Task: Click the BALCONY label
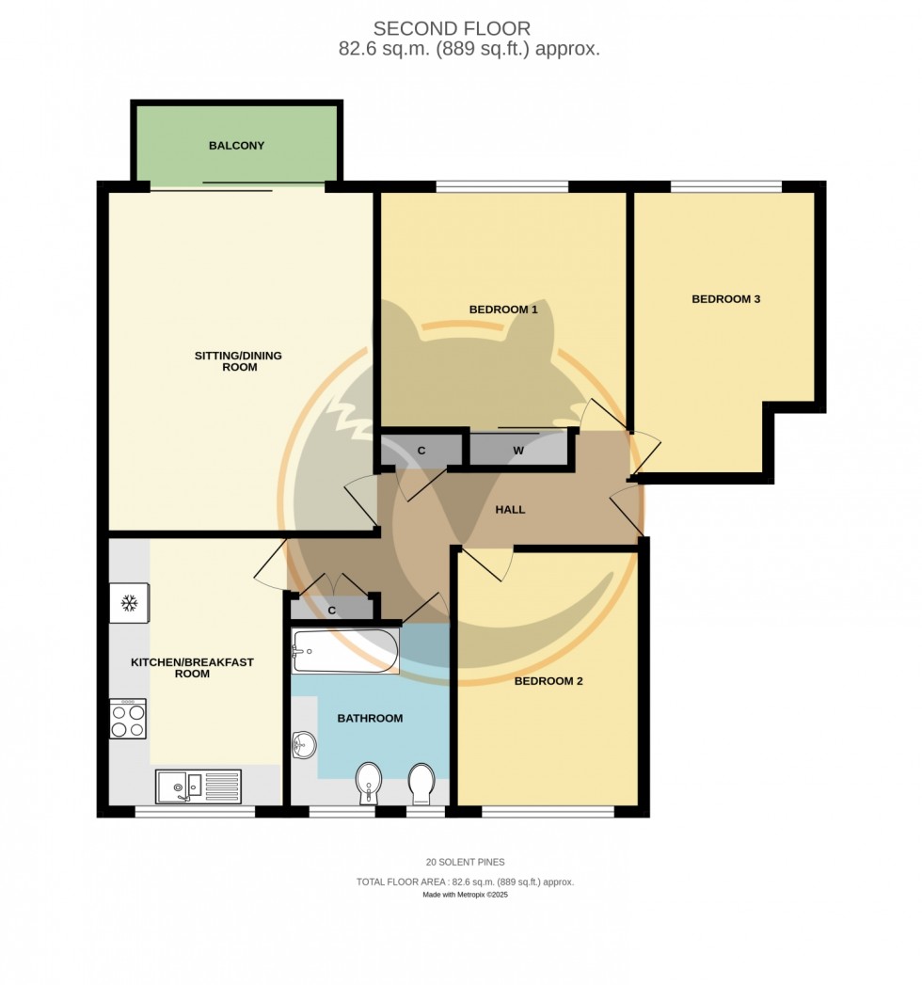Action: [x=236, y=146]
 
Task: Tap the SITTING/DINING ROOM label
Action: [x=238, y=361]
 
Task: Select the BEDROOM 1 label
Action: [x=503, y=309]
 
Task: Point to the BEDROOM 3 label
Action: [x=725, y=299]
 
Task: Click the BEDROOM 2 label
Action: [x=548, y=680]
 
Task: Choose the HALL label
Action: [x=510, y=510]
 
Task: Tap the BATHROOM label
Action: [x=370, y=718]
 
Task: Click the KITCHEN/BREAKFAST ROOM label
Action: [x=192, y=668]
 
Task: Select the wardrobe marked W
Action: [x=518, y=451]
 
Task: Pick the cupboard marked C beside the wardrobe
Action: [x=421, y=451]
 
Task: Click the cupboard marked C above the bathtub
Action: [x=332, y=610]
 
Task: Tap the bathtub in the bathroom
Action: [x=345, y=651]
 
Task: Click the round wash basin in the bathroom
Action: [x=304, y=747]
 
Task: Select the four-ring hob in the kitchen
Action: [x=128, y=719]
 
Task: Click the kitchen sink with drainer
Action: [x=199, y=786]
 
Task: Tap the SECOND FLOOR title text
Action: [x=452, y=29]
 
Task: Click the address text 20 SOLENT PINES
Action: [x=465, y=862]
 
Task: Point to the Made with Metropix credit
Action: [x=465, y=895]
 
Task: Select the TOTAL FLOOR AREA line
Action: [x=465, y=882]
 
